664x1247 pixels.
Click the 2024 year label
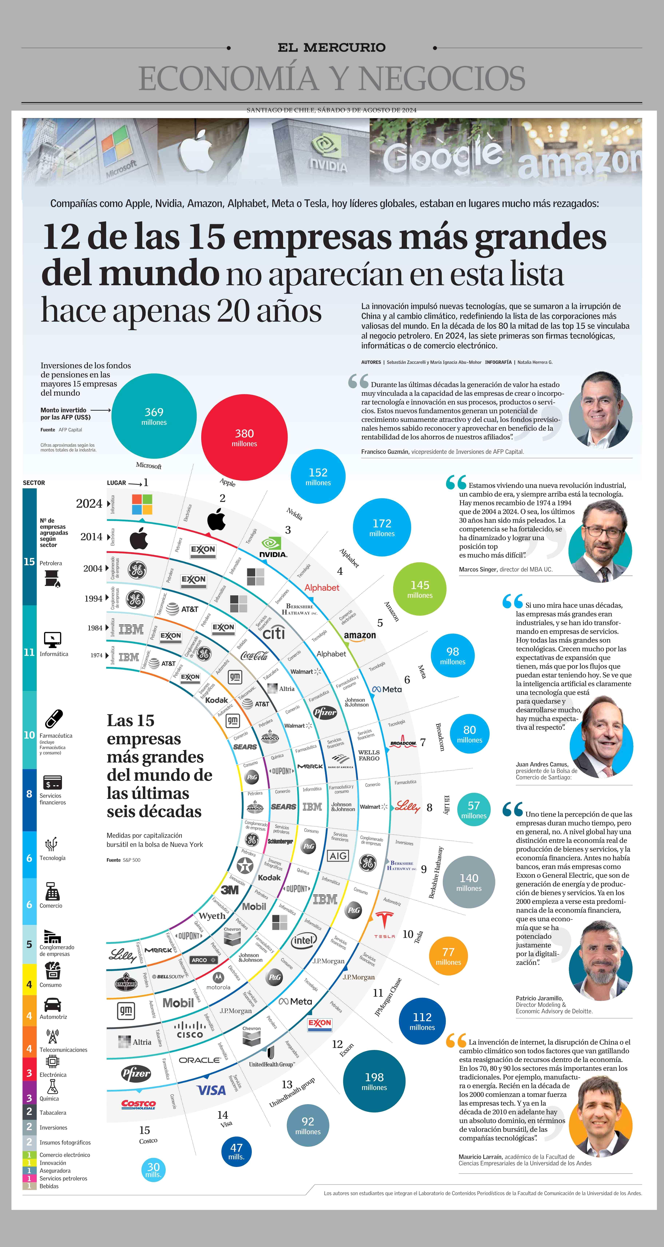point(89,503)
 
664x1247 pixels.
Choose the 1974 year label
point(96,656)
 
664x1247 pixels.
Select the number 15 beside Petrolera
point(29,561)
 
